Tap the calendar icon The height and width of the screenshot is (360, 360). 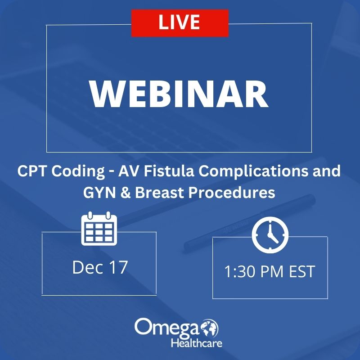point(99,229)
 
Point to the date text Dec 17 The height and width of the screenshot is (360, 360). point(100,267)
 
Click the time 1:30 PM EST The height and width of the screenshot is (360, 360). point(270,272)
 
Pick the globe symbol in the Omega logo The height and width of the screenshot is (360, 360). point(210,328)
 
